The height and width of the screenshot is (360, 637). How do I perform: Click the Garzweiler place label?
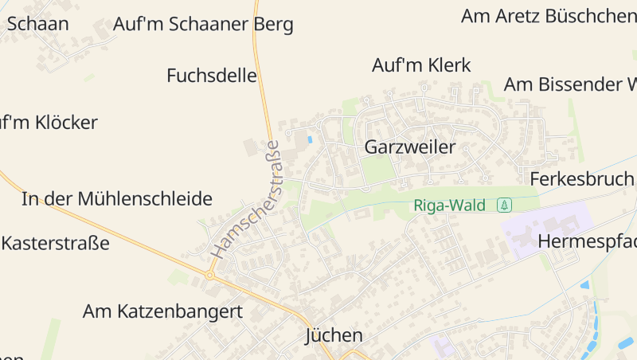point(409,147)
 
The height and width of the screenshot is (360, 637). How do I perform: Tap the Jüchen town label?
point(334,336)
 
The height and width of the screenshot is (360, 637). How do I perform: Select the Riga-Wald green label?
point(450,205)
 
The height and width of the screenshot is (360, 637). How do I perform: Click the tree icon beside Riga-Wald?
point(504,205)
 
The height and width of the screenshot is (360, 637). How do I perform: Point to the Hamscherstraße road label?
point(247,199)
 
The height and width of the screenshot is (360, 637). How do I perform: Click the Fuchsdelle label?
point(212,76)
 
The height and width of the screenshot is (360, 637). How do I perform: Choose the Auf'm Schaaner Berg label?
point(203,25)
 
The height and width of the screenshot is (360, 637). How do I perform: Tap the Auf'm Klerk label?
point(421,65)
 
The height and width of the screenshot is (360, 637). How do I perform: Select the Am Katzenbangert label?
point(162,311)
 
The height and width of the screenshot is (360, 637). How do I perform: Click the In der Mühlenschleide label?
point(117,199)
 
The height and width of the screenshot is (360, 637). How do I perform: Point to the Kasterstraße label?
point(56,243)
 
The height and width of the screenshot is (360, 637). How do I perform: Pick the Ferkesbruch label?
point(582,178)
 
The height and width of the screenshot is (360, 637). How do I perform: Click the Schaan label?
point(37,24)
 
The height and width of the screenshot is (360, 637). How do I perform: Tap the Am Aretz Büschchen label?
point(549,16)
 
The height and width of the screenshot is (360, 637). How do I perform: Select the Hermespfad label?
point(587,241)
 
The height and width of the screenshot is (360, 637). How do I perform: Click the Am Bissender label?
point(569,84)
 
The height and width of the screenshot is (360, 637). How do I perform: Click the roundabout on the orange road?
point(210,276)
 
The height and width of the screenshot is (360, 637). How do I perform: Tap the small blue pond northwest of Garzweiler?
point(310,139)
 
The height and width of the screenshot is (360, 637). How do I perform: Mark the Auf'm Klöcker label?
point(49,123)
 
